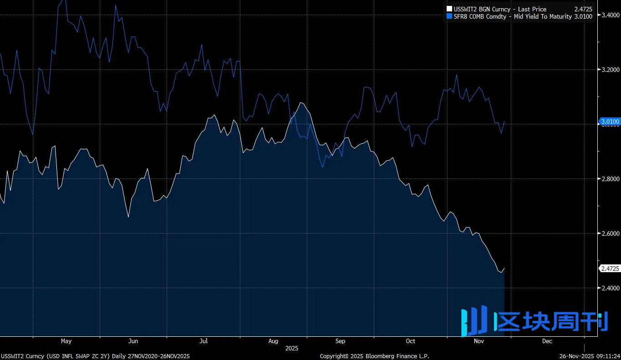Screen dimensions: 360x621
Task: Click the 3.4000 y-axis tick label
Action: (x=611, y=15)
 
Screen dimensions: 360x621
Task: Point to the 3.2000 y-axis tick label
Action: (x=611, y=70)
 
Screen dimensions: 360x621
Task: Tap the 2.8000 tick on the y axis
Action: (x=611, y=179)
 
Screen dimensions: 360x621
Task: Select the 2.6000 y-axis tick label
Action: (x=611, y=233)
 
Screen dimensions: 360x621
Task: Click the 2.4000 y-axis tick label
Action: (x=611, y=288)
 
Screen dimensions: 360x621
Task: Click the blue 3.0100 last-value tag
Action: (x=610, y=122)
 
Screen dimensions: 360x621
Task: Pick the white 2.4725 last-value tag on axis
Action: (x=610, y=269)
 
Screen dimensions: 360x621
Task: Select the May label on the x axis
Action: (x=66, y=341)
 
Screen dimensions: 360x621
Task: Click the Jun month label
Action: (x=133, y=341)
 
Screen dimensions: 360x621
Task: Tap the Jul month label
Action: (x=204, y=341)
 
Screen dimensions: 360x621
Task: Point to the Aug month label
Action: (x=273, y=341)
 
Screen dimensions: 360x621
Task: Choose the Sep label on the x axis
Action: (x=340, y=341)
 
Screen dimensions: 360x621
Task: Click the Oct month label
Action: (x=411, y=341)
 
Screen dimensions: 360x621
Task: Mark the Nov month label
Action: (x=479, y=341)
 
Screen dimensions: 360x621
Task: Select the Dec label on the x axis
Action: (x=547, y=341)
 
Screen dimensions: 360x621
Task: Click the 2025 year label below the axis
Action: (x=291, y=348)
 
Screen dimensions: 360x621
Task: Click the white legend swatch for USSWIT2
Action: (x=450, y=9)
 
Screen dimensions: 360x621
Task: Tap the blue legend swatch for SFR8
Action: (x=450, y=16)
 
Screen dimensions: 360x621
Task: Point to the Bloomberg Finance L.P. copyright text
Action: (x=374, y=356)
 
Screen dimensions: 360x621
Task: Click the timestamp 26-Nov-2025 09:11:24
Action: (x=589, y=356)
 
